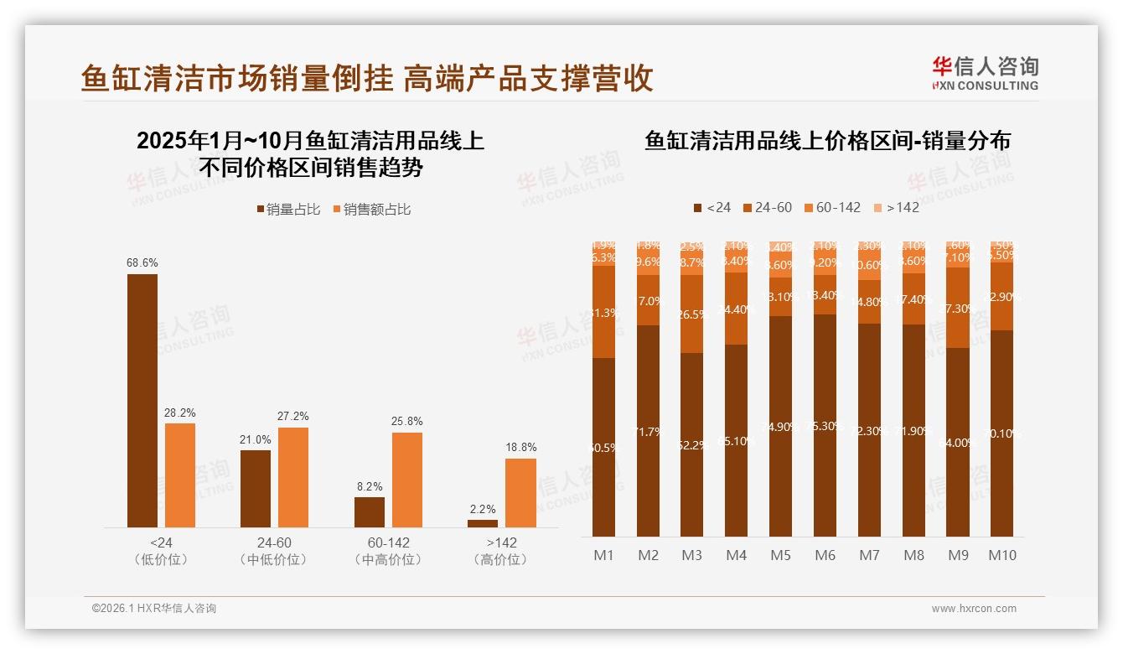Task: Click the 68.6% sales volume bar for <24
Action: (x=142, y=400)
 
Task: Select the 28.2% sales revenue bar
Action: (x=180, y=475)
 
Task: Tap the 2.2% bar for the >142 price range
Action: (x=483, y=523)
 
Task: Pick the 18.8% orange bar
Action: (x=520, y=492)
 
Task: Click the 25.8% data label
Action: (x=406, y=421)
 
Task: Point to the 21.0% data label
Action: (x=256, y=439)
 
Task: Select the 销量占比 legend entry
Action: (x=287, y=210)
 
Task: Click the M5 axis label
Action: (x=780, y=555)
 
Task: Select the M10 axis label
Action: (x=1001, y=555)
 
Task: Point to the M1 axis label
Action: (x=603, y=555)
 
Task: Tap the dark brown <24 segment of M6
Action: (x=825, y=426)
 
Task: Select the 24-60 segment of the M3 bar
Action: (x=692, y=314)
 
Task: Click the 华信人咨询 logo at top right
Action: (x=985, y=73)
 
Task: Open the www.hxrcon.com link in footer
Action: (x=974, y=609)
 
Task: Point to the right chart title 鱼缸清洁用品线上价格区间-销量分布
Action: (x=827, y=141)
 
